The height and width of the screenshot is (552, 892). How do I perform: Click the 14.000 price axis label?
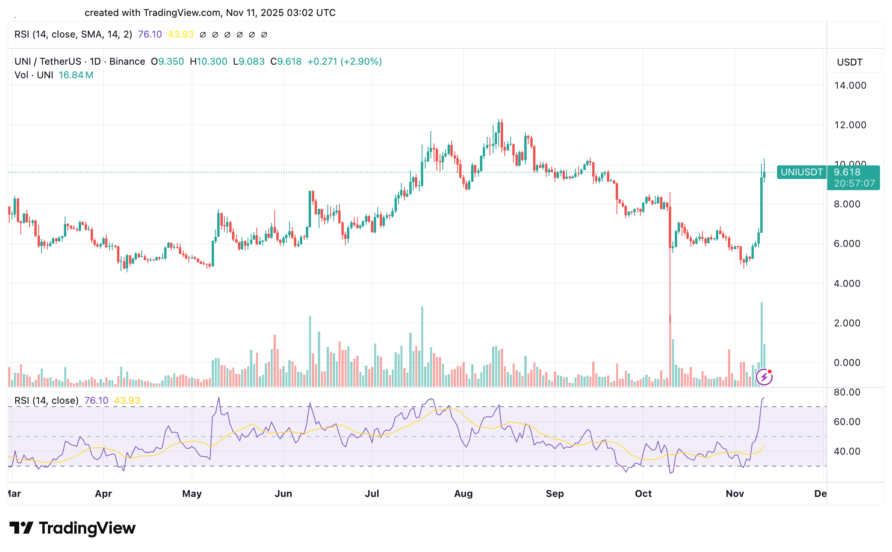click(x=850, y=85)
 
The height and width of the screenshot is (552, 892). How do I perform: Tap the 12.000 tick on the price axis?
click(x=850, y=125)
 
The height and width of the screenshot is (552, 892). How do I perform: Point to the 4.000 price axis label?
click(x=847, y=284)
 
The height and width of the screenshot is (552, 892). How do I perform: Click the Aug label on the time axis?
click(x=463, y=494)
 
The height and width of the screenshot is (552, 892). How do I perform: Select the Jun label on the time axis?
click(x=283, y=494)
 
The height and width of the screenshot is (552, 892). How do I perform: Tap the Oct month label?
click(x=643, y=494)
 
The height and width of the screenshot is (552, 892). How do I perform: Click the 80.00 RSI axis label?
click(x=847, y=392)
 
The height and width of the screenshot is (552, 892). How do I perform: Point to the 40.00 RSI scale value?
click(x=847, y=451)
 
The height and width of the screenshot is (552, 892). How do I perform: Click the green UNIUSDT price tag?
click(x=801, y=172)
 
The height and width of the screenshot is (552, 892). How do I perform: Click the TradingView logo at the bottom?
click(x=73, y=528)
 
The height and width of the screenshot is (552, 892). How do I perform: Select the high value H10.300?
click(x=208, y=62)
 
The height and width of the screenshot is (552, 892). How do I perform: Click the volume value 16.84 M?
click(x=76, y=75)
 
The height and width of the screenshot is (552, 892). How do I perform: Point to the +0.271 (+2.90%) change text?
click(x=344, y=62)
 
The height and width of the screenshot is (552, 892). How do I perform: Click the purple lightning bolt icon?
click(x=764, y=377)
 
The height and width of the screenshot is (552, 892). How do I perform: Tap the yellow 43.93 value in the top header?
click(x=180, y=34)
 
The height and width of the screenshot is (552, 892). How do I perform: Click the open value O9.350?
click(x=167, y=62)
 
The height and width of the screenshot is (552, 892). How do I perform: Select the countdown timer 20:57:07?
click(x=854, y=183)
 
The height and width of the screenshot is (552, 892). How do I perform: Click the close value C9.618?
click(x=286, y=62)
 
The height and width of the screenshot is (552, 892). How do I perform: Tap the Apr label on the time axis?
click(x=103, y=494)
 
